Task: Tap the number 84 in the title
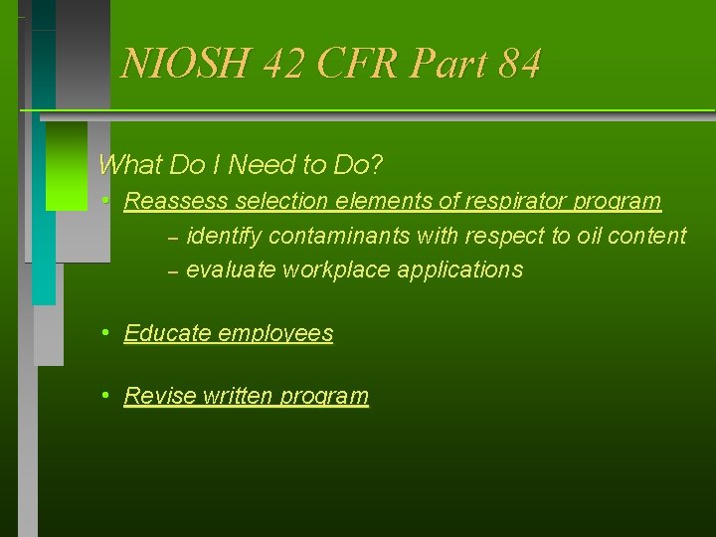click(x=520, y=64)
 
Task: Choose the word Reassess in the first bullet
click(x=175, y=201)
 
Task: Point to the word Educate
click(x=166, y=333)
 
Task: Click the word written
click(x=237, y=396)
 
